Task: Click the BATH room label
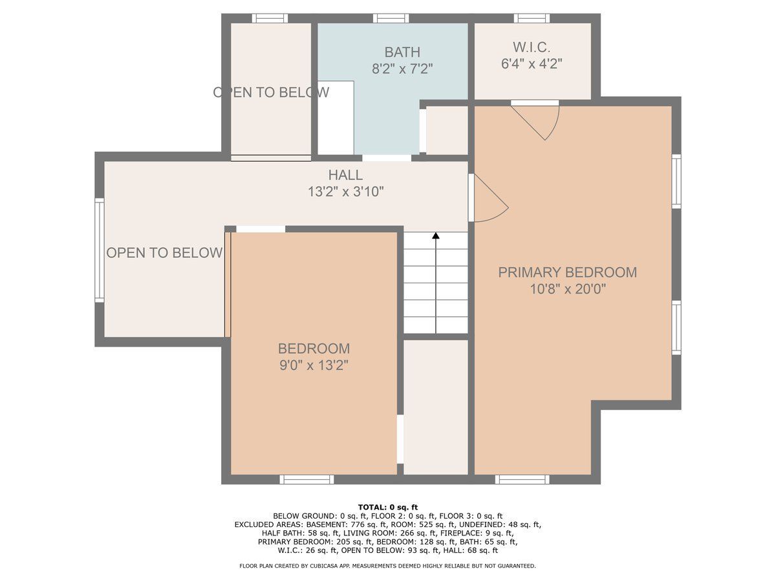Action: point(402,52)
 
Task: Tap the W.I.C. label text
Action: point(531,47)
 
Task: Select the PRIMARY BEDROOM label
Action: point(567,272)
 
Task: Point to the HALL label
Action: point(345,175)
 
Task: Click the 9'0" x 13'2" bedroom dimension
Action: point(314,365)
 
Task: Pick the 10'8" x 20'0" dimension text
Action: point(568,290)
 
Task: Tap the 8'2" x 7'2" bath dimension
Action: point(402,69)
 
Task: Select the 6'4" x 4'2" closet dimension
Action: point(532,64)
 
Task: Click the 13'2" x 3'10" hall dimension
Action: point(345,192)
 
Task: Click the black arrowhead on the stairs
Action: point(436,235)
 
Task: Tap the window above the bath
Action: point(391,18)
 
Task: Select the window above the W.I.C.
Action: point(532,18)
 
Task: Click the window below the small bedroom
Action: point(307,480)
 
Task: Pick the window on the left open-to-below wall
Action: point(100,250)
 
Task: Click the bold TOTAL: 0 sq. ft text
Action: point(388,508)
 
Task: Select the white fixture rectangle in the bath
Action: point(336,118)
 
